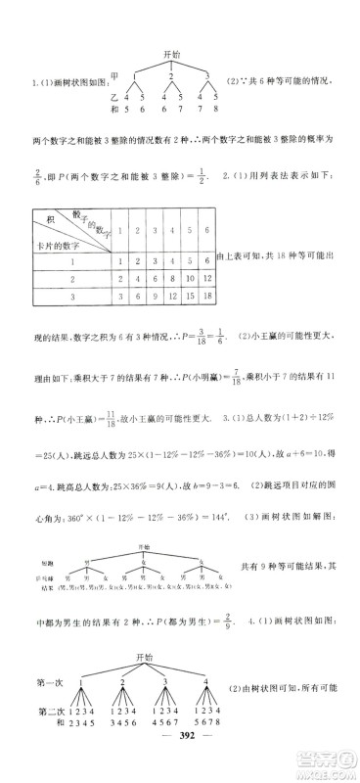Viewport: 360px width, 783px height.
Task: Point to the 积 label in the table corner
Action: point(42,220)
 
